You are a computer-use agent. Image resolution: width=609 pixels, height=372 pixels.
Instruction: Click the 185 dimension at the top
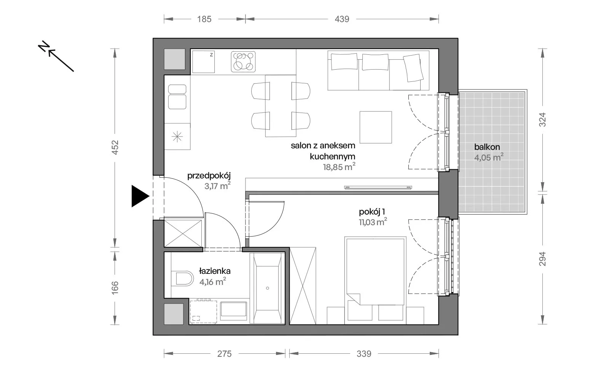click(204, 19)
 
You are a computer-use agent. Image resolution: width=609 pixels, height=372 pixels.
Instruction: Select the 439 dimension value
click(342, 19)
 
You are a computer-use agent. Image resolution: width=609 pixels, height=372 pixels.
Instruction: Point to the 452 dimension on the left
click(115, 148)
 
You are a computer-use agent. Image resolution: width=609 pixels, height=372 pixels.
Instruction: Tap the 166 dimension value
click(115, 288)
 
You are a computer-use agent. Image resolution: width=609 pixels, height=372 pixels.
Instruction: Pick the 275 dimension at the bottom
click(224, 353)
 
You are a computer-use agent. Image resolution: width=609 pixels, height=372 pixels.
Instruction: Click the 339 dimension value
click(364, 353)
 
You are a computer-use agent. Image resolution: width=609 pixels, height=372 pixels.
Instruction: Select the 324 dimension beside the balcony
click(542, 119)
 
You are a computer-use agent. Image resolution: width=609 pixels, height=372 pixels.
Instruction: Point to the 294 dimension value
click(542, 259)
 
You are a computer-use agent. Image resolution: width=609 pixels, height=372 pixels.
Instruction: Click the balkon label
click(487, 147)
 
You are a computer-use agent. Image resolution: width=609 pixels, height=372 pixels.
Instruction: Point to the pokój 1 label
click(371, 212)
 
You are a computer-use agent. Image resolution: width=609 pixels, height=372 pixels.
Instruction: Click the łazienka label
click(215, 271)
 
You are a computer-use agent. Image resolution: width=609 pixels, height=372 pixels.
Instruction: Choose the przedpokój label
click(209, 176)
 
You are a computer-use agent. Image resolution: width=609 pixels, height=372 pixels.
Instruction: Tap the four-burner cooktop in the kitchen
click(243, 62)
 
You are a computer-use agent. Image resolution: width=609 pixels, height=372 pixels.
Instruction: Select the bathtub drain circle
click(268, 288)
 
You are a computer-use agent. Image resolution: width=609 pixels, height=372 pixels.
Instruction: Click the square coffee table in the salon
click(376, 127)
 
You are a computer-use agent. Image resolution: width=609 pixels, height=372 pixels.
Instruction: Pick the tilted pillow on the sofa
click(413, 68)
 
